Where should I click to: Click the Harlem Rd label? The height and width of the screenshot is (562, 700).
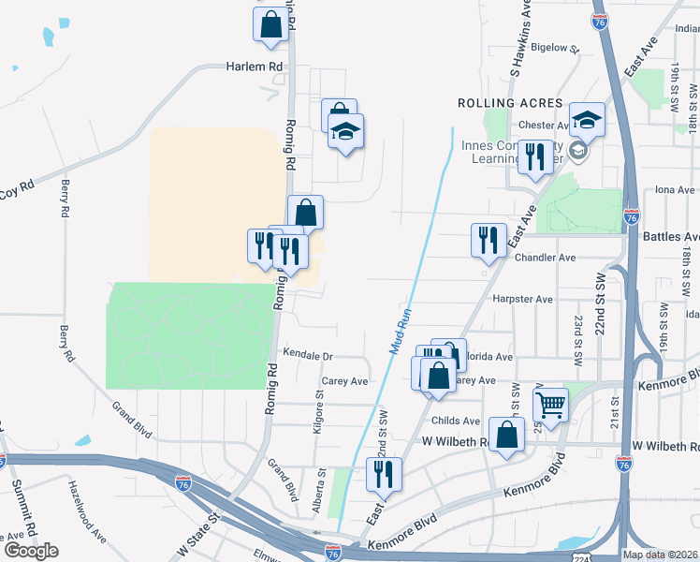254,67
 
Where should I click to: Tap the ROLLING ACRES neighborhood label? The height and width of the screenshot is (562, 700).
510,103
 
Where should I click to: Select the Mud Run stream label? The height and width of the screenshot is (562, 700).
400,332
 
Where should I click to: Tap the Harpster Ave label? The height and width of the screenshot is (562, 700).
522,300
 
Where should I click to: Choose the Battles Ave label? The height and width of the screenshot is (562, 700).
671,237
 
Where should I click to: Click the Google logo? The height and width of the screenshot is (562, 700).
31,550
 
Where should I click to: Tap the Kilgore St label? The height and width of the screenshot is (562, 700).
318,413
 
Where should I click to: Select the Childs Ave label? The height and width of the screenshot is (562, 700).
456,421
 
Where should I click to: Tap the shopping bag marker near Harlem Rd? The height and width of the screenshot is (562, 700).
270,25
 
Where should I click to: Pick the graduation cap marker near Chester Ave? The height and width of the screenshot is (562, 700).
587,120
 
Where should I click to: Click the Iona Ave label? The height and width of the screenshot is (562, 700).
675,189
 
